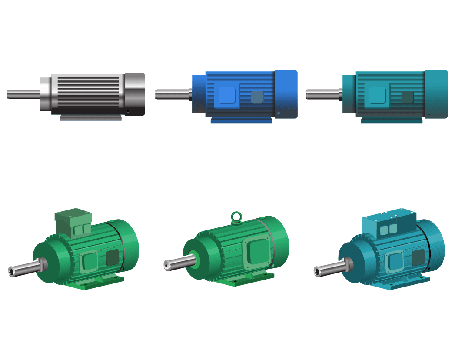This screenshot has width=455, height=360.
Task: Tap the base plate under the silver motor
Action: coord(91,118)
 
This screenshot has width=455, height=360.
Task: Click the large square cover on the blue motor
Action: coord(227,95)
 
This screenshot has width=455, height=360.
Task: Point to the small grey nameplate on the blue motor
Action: coord(257,97)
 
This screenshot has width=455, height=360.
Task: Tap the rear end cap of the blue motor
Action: coord(286,94)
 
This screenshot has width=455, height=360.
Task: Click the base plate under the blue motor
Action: coord(241,121)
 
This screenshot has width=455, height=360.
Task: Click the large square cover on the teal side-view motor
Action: coord(377,95)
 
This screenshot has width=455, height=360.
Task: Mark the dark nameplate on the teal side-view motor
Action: coord(407,97)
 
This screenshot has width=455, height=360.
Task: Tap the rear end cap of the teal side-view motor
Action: coord(436,94)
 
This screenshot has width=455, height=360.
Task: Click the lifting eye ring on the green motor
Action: coord(236,217)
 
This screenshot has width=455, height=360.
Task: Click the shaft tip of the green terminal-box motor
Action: coord(12,271)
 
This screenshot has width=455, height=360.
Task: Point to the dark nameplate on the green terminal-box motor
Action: coord(113,257)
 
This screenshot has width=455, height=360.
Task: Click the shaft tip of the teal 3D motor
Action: coord(317,272)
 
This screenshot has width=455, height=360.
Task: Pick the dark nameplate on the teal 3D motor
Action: coord(418,257)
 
